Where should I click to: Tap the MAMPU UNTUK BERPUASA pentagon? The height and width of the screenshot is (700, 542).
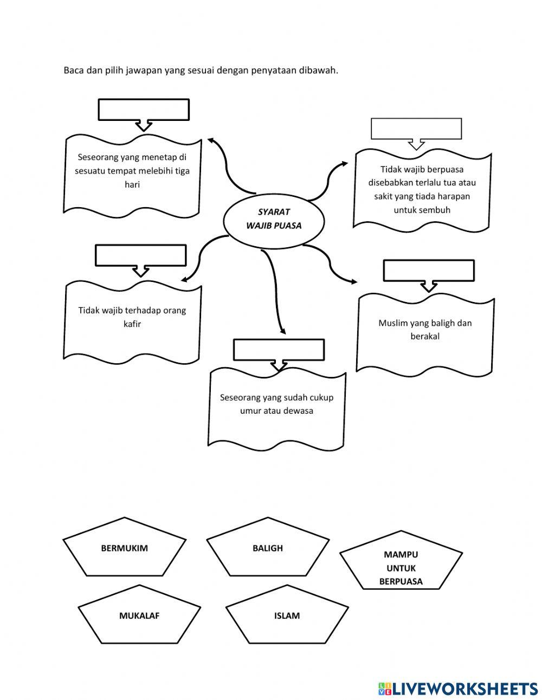[401, 560]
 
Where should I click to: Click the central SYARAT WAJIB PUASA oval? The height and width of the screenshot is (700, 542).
[274, 219]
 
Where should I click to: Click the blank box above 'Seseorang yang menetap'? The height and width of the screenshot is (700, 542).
[144, 110]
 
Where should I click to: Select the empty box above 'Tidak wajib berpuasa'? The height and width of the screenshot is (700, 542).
[416, 129]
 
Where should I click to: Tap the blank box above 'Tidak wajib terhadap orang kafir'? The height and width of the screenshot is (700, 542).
[141, 255]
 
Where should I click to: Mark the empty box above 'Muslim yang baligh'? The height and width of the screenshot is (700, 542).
[429, 271]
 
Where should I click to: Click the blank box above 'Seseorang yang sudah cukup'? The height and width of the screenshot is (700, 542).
[279, 350]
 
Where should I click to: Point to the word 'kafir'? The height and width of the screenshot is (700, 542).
[132, 324]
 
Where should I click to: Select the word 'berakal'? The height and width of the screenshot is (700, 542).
[425, 336]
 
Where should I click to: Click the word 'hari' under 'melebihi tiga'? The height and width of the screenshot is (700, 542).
[132, 184]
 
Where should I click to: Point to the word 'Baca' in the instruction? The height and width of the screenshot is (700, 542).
[74, 70]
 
